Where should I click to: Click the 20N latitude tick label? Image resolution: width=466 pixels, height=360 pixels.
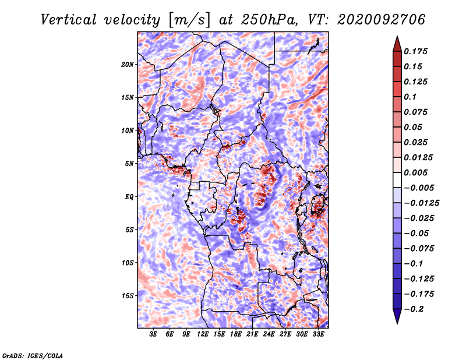pos(128,65)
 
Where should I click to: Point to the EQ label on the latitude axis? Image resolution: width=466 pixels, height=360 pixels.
pos(129,197)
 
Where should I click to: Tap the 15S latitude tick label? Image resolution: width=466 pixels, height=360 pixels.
pos(128,296)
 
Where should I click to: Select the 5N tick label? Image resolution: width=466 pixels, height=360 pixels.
pos(129,164)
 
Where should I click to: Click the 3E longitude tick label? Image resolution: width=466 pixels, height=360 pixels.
pos(153,334)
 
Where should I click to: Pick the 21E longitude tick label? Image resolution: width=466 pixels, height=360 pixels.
pos(252,334)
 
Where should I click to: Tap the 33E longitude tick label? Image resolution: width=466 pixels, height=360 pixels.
pos(318,334)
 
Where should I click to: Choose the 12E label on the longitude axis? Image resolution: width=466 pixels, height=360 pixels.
pos(202,334)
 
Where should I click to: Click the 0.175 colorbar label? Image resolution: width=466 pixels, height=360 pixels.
pos(415,51)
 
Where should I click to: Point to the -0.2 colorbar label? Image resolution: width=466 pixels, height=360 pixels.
pos(414,309)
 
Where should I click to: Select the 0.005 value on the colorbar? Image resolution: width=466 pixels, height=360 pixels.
pos(415,172)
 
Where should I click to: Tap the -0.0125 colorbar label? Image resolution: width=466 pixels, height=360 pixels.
pos(422,203)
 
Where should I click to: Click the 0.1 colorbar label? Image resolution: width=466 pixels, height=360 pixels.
pos(410,97)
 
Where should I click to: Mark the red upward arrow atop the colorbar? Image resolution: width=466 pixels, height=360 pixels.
pos(397,44)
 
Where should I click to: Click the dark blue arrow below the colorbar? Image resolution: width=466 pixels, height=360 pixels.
pos(397,316)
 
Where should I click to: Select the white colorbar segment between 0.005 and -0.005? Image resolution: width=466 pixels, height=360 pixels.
pos(397,180)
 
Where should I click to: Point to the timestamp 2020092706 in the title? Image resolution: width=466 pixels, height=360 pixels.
pos(382,20)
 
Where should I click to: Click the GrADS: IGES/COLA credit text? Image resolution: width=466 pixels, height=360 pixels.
pos(33,356)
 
